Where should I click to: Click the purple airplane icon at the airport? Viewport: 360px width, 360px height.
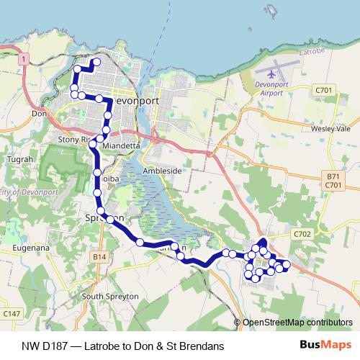tap(271, 73)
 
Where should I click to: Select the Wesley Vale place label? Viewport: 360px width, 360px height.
tap(330, 128)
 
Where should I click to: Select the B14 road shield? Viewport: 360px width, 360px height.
tap(99, 256)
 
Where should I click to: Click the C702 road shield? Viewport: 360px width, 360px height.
tap(302, 234)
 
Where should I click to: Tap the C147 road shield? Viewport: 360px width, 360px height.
tap(11, 313)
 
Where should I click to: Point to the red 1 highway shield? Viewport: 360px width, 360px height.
tap(24, 58)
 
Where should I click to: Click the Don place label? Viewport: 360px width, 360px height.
tap(39, 113)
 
